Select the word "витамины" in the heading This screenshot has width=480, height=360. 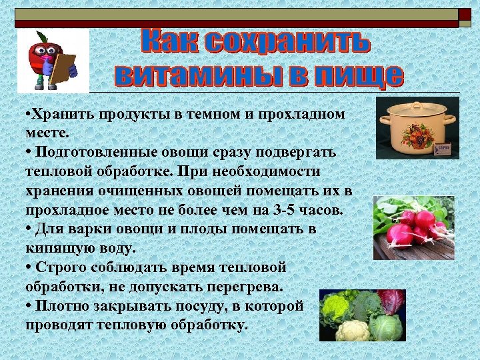click(x=187, y=75)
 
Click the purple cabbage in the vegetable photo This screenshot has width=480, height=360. click(x=391, y=301)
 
